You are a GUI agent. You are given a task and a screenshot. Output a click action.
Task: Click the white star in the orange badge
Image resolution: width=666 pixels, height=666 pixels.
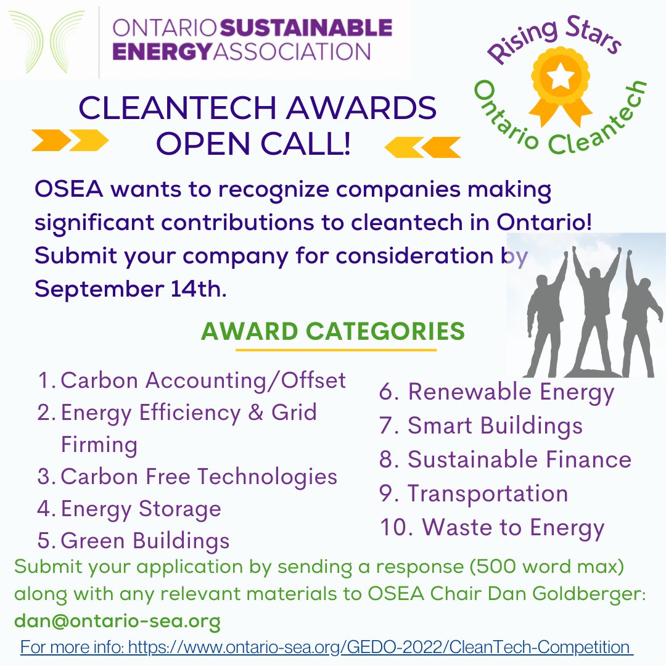[562, 77]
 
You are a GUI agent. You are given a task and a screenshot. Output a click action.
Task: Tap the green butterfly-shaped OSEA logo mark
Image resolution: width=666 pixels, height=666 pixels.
[46, 40]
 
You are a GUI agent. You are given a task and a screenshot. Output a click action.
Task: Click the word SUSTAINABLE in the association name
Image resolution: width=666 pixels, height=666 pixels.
[306, 28]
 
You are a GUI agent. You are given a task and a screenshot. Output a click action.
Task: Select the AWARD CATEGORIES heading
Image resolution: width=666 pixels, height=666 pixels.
[333, 332]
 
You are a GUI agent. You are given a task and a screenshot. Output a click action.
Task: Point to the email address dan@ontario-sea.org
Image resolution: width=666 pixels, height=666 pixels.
[117, 621]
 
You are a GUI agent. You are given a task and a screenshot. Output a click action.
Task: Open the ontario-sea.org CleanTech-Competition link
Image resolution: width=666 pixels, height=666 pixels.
[327, 648]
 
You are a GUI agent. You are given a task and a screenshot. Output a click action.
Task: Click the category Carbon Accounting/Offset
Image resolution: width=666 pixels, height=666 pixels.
[203, 380]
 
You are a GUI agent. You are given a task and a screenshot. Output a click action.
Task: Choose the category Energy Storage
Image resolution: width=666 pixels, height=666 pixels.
[141, 509]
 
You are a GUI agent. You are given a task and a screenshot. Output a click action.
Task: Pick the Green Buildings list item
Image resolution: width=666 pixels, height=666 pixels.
[145, 541]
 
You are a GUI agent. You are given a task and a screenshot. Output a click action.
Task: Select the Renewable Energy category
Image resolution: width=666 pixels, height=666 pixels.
[511, 392]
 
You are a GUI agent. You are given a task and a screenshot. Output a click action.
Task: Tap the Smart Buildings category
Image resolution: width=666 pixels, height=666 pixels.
[495, 425]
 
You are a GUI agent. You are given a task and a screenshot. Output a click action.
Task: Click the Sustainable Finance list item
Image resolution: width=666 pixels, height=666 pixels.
[519, 459]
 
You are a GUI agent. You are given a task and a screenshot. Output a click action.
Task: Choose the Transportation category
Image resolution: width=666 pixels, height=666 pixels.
[487, 493]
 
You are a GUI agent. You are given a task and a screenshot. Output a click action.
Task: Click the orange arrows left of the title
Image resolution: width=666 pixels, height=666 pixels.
[70, 141]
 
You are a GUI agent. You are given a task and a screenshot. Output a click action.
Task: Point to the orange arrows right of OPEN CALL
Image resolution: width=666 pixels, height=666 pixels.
[422, 147]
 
